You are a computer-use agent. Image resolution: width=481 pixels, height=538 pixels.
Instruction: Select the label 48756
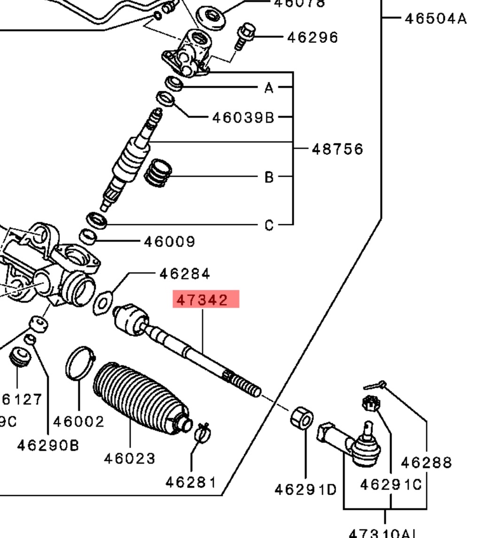337,149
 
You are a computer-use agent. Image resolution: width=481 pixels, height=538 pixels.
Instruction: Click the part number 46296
312,37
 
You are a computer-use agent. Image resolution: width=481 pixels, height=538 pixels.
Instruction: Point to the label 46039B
243,117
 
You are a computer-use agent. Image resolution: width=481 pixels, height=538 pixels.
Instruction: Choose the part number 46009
169,242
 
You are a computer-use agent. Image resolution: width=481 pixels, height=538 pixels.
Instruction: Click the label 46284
185,273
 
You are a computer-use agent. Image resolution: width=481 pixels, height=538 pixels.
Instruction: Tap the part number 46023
129,458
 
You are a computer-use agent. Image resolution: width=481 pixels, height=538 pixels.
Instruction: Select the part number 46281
191,482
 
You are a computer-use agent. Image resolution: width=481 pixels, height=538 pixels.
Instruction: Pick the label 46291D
305,490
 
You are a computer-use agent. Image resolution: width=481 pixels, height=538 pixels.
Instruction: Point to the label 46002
78,421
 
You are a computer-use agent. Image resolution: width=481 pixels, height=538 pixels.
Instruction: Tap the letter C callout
268,225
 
